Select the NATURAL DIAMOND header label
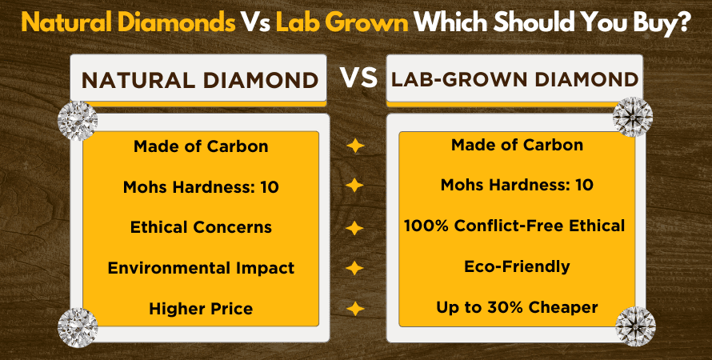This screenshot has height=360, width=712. [x=199, y=80]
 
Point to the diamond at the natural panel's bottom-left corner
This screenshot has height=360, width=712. [x=78, y=326]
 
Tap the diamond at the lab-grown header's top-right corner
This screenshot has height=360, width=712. [x=633, y=117]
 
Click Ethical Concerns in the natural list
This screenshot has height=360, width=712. [x=201, y=226]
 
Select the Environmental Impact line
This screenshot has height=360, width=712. [x=201, y=267]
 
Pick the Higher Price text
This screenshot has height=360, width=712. [x=201, y=308]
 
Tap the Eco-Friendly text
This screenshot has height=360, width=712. [x=516, y=266]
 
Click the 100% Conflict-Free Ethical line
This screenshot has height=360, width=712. [x=516, y=226]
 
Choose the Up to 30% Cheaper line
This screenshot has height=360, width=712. [x=517, y=307]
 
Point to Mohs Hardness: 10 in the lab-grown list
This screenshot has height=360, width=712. [x=517, y=185]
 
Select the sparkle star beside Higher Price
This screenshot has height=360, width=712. [x=354, y=308]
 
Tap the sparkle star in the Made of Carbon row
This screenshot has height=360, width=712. [x=354, y=146]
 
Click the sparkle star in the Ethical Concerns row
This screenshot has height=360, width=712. [x=354, y=227]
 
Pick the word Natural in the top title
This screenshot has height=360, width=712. [x=65, y=21]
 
